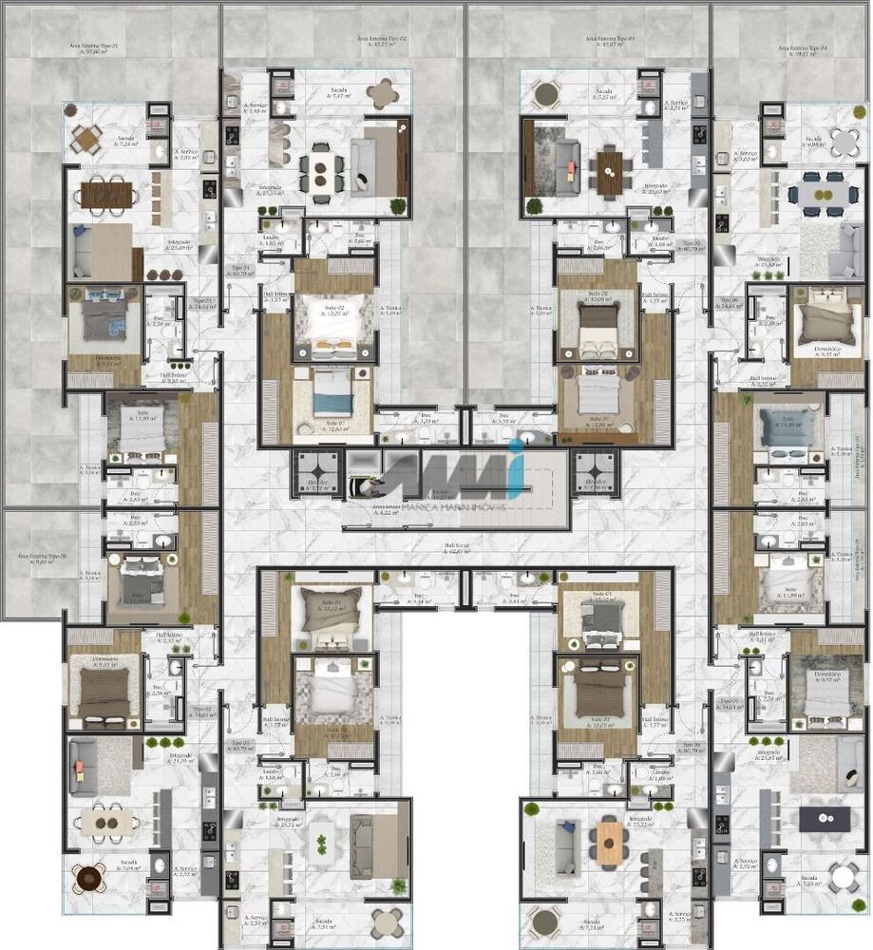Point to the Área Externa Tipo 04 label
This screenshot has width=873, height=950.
[x=803, y=50]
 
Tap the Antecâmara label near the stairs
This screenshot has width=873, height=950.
[x=384, y=513]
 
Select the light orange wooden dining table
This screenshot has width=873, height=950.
[x=609, y=843]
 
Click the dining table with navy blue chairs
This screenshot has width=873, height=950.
[x=816, y=194]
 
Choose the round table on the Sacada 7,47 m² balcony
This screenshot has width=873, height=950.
[x=383, y=92]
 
